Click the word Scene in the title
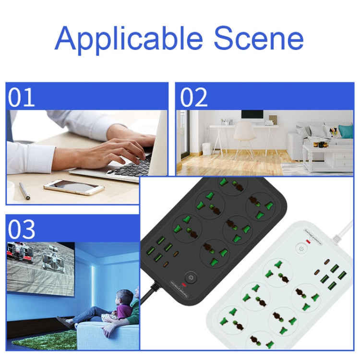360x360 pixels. pos(259,38)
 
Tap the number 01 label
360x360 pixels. pos(22,97)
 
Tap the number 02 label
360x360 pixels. pos(194,97)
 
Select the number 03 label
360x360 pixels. pos(22,229)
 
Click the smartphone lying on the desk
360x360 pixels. pos(73,187)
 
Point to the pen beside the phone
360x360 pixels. pos(24,190)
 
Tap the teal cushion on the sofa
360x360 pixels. pos(345,131)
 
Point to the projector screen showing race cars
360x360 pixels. pos(41,269)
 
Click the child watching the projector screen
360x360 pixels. pos(124,305)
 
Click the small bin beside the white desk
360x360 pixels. pos(207,148)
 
